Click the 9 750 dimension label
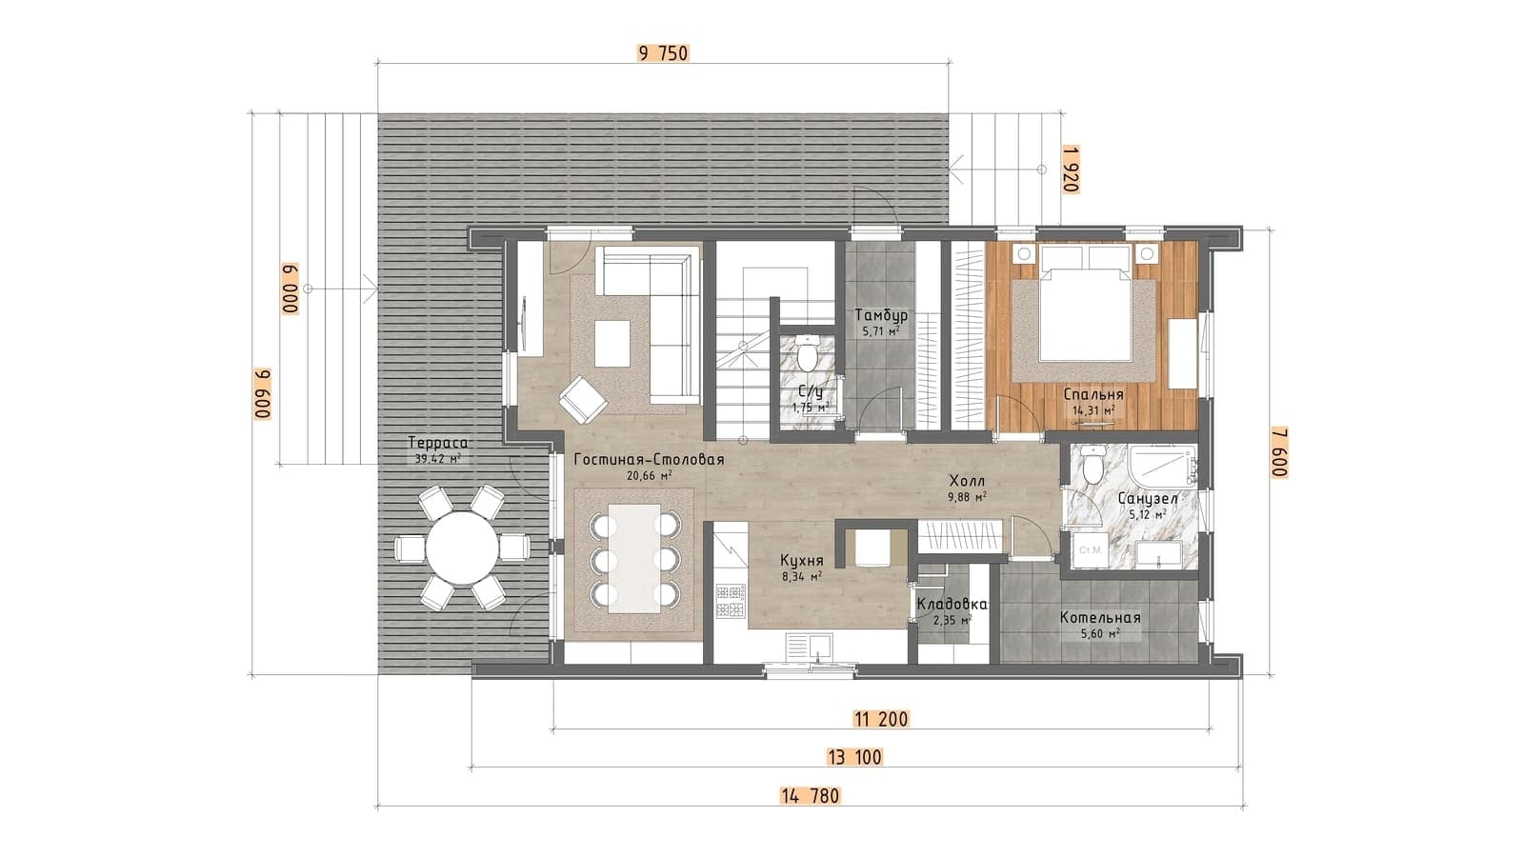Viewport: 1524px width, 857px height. click(x=663, y=53)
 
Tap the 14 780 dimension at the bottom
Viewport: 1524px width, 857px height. click(x=811, y=796)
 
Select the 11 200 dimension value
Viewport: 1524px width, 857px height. click(x=881, y=719)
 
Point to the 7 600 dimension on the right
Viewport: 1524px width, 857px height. click(x=1279, y=452)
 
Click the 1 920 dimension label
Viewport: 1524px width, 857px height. click(x=1071, y=169)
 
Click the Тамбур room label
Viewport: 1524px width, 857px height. click(x=881, y=315)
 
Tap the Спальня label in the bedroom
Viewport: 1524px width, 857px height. click(x=1093, y=394)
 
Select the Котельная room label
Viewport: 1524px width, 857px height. click(x=1100, y=618)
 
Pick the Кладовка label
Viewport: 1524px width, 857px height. click(x=952, y=605)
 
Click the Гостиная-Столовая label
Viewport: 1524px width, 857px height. click(x=649, y=460)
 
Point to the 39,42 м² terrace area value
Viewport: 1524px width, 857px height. click(x=438, y=458)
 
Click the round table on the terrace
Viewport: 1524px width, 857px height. click(x=463, y=548)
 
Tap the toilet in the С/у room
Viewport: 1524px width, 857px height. click(x=809, y=351)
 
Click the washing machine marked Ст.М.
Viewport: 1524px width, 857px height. click(x=1090, y=549)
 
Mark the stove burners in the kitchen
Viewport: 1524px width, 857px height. click(x=731, y=602)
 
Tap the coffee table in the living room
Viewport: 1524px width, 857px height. click(x=612, y=344)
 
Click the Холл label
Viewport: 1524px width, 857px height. click(x=968, y=482)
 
